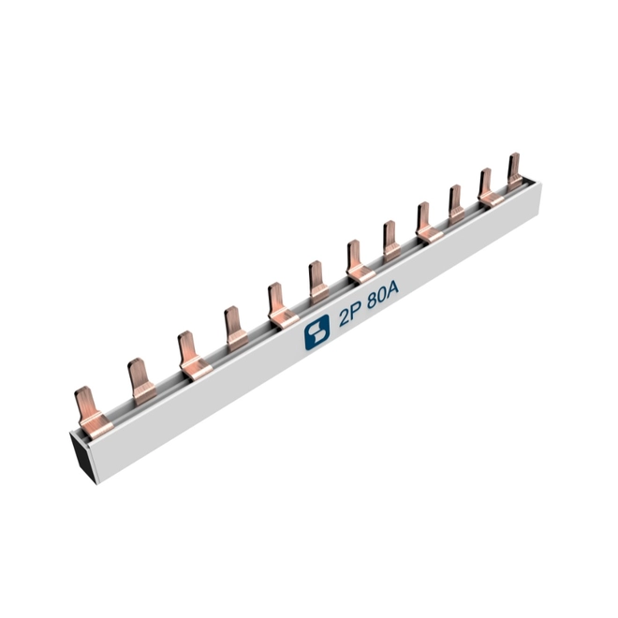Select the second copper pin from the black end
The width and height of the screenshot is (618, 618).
pos(141,381)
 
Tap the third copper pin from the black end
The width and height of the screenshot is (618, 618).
pos(192,357)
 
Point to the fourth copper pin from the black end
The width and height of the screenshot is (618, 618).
pos(235,329)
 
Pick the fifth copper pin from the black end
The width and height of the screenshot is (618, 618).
pos(281,306)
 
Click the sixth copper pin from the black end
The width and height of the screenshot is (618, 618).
pos(318,282)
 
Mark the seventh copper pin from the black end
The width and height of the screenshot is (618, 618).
pos(358,262)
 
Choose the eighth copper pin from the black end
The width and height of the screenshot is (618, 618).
pos(391,241)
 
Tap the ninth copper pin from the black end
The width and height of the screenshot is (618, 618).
pos(427,223)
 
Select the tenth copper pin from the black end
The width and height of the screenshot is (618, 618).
pos(456,204)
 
